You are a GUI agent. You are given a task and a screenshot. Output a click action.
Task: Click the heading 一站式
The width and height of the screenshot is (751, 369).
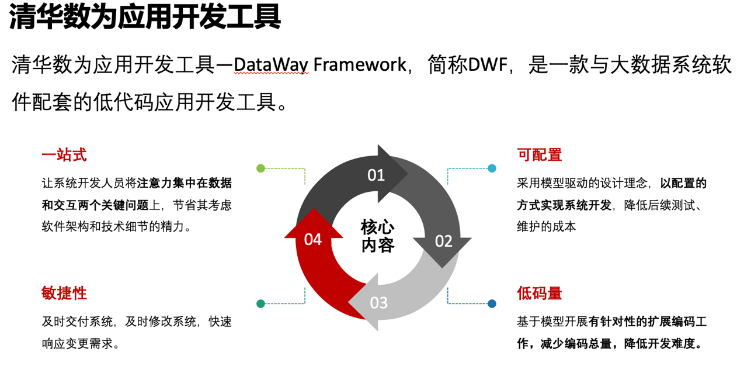pos(64,155)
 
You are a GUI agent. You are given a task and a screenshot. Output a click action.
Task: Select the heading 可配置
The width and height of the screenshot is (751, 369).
pos(540,155)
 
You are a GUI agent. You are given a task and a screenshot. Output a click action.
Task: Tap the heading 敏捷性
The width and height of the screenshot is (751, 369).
pos(64,293)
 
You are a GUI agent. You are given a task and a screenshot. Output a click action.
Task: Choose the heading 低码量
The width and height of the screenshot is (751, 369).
pos(540,293)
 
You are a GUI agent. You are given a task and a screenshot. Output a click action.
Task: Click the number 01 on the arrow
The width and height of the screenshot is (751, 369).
pos(376,175)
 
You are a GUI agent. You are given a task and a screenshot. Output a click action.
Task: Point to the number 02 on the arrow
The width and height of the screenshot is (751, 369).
pos(444,241)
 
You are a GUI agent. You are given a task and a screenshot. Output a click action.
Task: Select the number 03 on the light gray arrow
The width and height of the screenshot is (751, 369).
pos(379,303)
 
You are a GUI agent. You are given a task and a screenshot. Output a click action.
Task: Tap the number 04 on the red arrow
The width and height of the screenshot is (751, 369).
pos(313,240)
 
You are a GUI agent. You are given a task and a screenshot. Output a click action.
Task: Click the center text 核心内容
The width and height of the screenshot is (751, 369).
pos(377,236)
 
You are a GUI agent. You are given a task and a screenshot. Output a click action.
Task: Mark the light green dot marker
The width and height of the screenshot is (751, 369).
pos(261,168)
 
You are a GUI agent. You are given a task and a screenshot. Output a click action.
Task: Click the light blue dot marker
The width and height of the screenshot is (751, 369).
pos(492,168)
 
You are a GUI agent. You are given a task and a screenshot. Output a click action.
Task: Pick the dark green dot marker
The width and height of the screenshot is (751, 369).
pos(261,304)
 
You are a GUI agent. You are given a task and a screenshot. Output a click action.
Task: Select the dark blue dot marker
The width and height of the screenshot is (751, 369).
pos(492,304)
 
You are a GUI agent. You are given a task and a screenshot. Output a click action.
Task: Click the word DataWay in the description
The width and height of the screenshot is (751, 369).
pos(271,65)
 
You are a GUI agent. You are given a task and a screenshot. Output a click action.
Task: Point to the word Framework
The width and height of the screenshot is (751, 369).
pos(360,64)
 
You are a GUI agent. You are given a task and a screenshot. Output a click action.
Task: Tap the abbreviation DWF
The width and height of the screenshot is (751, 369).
pos(488,64)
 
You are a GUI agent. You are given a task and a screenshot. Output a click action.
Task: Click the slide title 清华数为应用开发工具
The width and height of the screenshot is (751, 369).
pos(145,16)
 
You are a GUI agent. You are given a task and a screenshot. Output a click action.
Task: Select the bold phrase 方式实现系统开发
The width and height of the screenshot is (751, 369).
pos(564,205)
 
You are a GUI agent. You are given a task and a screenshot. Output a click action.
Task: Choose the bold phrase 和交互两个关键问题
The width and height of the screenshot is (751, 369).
pos(95,205)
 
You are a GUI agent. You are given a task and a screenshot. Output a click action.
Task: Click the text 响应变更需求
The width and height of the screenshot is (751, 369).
pos(78,344)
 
